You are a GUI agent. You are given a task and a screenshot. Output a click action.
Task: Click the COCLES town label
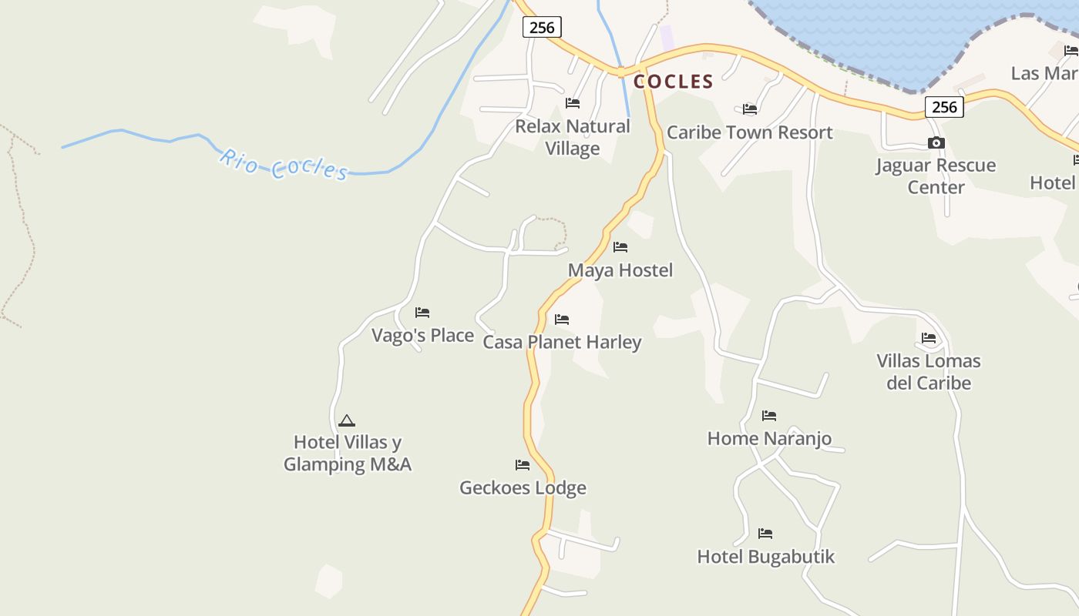[673, 82]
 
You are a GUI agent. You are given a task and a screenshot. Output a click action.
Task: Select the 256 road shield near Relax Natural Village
[542, 27]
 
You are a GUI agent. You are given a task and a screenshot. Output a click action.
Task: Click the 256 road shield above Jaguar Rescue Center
[944, 107]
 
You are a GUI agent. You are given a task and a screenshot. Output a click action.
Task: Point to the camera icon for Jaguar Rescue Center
[936, 142]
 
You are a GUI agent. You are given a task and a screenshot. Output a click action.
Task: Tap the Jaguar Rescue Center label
[936, 176]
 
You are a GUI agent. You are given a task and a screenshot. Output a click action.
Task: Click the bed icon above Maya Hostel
[620, 247]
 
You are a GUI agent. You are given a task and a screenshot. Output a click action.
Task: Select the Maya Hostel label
[620, 270]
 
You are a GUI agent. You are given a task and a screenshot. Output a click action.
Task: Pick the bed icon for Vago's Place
[422, 313]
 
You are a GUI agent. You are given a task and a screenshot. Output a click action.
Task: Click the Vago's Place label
[422, 336]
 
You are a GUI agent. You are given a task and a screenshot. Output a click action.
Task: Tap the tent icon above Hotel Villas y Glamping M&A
[347, 420]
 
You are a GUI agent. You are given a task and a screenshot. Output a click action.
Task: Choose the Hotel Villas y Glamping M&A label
[347, 454]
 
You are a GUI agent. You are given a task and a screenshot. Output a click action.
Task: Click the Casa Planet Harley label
[562, 342]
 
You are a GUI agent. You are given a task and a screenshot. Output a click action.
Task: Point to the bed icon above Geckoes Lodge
[523, 465]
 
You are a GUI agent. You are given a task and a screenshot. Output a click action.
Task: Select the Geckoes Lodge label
[523, 488]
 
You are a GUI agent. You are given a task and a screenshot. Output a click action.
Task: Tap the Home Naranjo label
[769, 439]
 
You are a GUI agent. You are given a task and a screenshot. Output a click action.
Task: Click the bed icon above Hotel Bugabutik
[765, 534]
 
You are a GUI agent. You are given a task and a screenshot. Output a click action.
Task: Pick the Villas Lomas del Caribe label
[929, 372]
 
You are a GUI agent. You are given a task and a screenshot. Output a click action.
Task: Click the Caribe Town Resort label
[749, 132]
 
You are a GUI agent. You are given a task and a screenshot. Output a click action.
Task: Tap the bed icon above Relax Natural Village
[573, 103]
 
